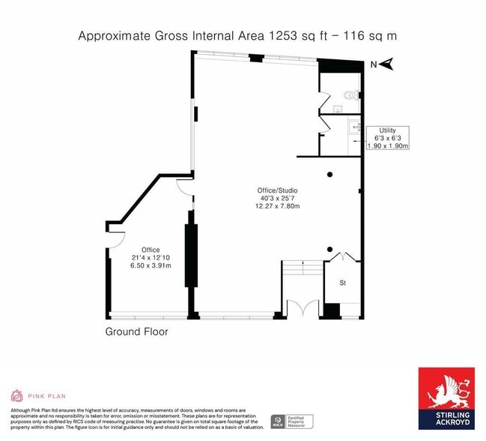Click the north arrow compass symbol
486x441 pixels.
(x=386, y=64)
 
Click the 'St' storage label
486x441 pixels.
(x=342, y=283)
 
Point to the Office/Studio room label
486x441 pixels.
(x=278, y=190)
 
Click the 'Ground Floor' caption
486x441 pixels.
(x=136, y=331)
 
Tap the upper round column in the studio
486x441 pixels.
(x=329, y=175)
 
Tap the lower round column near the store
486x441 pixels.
(x=329, y=249)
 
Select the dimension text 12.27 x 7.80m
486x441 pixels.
(x=278, y=206)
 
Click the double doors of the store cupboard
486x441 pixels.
(x=342, y=257)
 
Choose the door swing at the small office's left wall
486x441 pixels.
(x=115, y=240)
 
